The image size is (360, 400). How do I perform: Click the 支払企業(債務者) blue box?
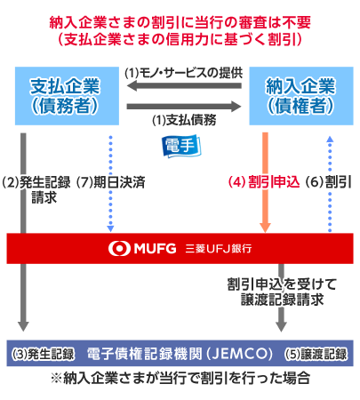(67, 96)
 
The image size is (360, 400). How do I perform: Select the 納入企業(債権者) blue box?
(301, 96)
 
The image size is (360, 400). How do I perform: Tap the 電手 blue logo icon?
(181, 146)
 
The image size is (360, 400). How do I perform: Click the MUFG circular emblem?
(119, 248)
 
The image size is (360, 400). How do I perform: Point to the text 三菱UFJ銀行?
(219, 248)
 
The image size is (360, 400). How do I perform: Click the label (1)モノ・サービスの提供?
(183, 73)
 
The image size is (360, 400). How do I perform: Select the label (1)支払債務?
(184, 120)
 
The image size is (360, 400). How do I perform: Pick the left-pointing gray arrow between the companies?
(184, 86)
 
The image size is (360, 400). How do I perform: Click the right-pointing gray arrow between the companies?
(184, 107)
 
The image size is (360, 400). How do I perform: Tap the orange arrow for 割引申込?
(265, 182)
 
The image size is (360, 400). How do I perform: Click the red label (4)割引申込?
(264, 181)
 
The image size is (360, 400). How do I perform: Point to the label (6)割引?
(328, 181)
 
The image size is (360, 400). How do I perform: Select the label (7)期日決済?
(111, 182)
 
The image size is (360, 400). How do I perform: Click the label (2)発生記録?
(36, 182)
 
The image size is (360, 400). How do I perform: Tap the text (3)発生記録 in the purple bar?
(43, 354)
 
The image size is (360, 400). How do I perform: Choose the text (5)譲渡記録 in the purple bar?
(316, 354)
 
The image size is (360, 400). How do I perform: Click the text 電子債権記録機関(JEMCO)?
(180, 354)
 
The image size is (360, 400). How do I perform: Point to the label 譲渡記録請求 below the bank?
(282, 300)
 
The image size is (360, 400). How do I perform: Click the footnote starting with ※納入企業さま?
(180, 378)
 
